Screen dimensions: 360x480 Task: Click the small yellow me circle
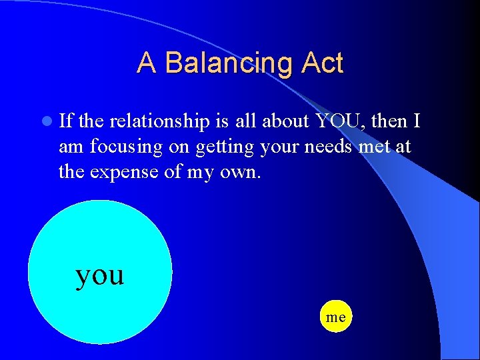tap(336, 317)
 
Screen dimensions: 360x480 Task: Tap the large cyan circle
tap(100, 307)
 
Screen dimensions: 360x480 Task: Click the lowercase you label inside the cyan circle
tap(100, 274)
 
